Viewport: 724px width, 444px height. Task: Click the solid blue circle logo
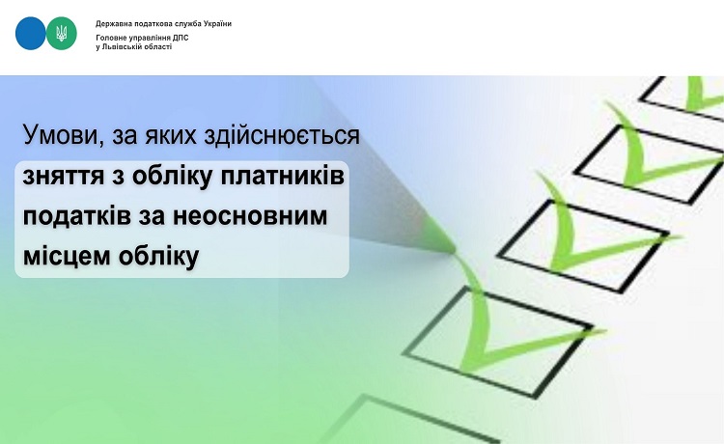[31, 33]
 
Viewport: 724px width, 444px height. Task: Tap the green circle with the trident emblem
[62, 33]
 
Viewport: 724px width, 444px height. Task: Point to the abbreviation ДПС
[181, 39]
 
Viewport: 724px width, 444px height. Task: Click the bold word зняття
[64, 178]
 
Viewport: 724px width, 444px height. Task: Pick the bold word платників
[282, 176]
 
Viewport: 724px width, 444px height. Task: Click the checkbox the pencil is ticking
[499, 342]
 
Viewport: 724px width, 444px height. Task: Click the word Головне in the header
[109, 39]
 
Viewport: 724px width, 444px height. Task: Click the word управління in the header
[149, 39]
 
